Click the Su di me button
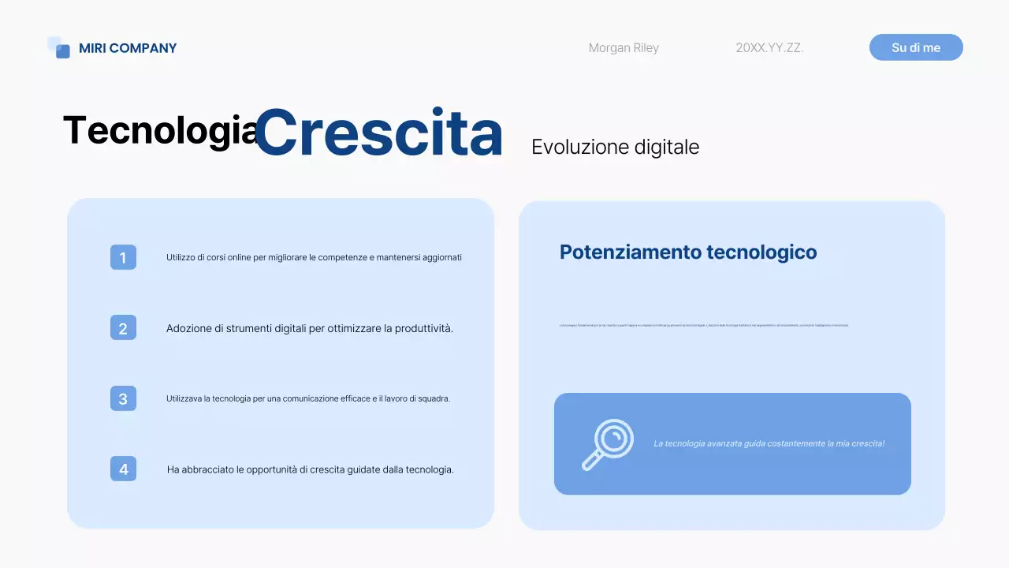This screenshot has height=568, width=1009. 916,47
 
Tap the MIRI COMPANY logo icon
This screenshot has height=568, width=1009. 59,47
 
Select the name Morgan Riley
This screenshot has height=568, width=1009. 624,48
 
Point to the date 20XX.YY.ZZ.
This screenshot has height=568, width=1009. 769,48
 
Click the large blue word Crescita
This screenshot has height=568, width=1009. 378,133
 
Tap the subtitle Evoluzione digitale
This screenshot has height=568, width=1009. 615,148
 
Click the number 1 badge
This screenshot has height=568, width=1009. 123,257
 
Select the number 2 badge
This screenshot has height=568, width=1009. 123,328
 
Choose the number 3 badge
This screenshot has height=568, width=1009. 123,398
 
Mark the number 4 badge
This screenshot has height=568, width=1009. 123,469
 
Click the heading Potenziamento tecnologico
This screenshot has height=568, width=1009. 687,252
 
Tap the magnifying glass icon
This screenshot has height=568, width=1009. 608,444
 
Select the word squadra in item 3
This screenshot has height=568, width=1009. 434,399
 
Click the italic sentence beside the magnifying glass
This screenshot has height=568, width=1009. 769,443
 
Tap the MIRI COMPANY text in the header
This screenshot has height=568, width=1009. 128,48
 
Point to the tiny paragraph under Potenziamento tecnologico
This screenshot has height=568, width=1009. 704,325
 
